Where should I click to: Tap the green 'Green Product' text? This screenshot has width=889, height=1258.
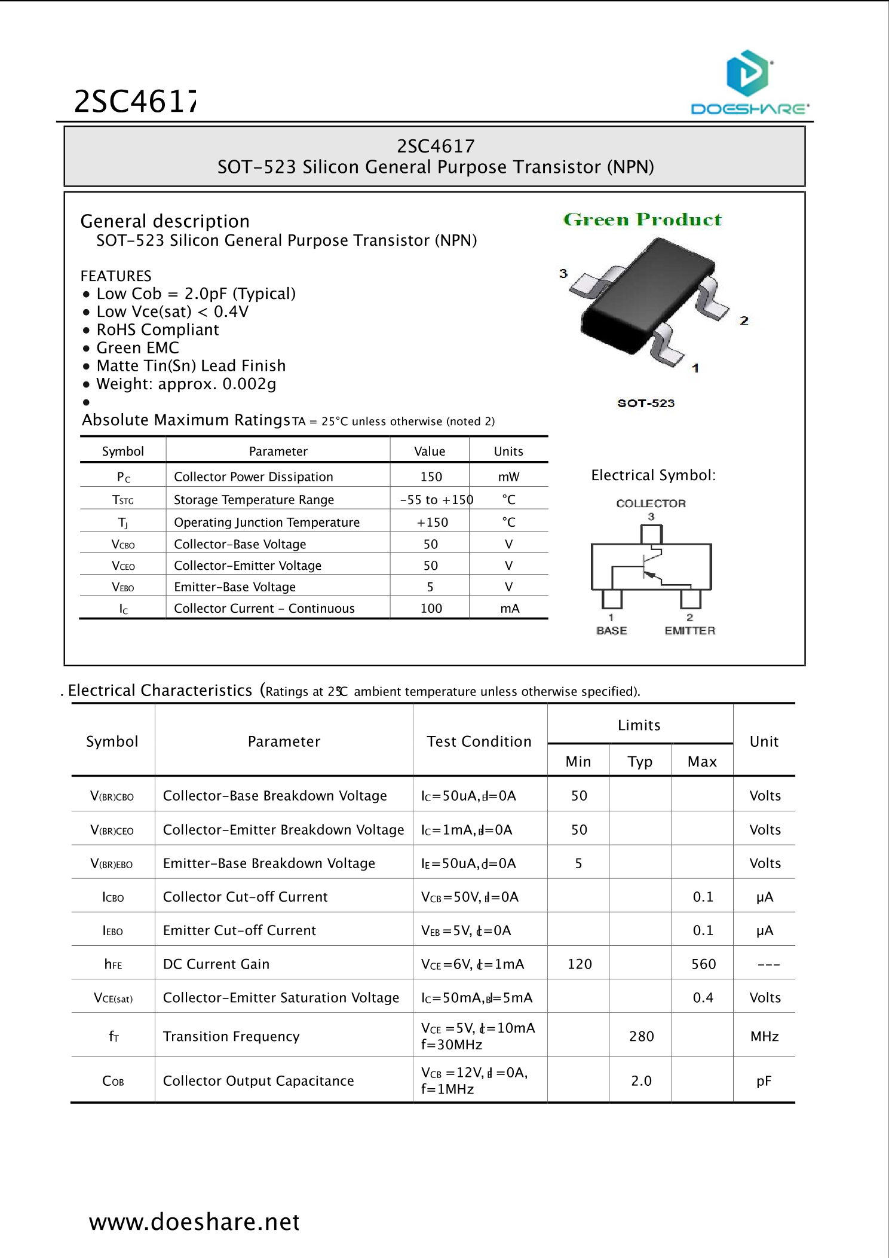pos(642,219)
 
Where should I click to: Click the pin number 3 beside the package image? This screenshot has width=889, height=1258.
pos(563,273)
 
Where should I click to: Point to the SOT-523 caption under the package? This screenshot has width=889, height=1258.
pos(646,403)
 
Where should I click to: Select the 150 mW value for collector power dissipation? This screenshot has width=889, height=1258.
pos(431,477)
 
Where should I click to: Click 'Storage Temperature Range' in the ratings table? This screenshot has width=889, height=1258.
pos(254,499)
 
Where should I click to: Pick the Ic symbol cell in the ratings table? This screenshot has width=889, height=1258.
pos(123,609)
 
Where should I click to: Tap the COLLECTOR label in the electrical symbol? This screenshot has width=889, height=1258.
pos(651,503)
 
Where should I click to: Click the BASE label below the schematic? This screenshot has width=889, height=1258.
pos(611,630)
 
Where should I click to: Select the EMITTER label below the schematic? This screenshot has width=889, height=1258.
pos(689,630)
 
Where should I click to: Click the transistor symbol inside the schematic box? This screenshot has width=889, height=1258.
pos(650,565)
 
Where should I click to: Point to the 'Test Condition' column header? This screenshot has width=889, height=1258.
pos(479,741)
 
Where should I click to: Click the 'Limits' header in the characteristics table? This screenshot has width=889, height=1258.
pos(639,725)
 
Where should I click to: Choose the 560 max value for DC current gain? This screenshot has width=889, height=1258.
pos(703,964)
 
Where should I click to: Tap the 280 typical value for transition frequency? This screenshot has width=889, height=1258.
pos(641,1036)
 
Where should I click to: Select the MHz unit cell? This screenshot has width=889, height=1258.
pos(764,1036)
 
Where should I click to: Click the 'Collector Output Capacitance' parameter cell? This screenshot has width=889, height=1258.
pos(258,1080)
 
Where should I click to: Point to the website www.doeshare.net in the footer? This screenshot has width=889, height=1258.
pos(194,1222)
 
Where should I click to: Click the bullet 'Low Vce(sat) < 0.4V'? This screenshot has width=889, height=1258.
pos(172,312)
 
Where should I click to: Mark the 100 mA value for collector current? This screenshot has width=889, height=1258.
pos(431,608)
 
